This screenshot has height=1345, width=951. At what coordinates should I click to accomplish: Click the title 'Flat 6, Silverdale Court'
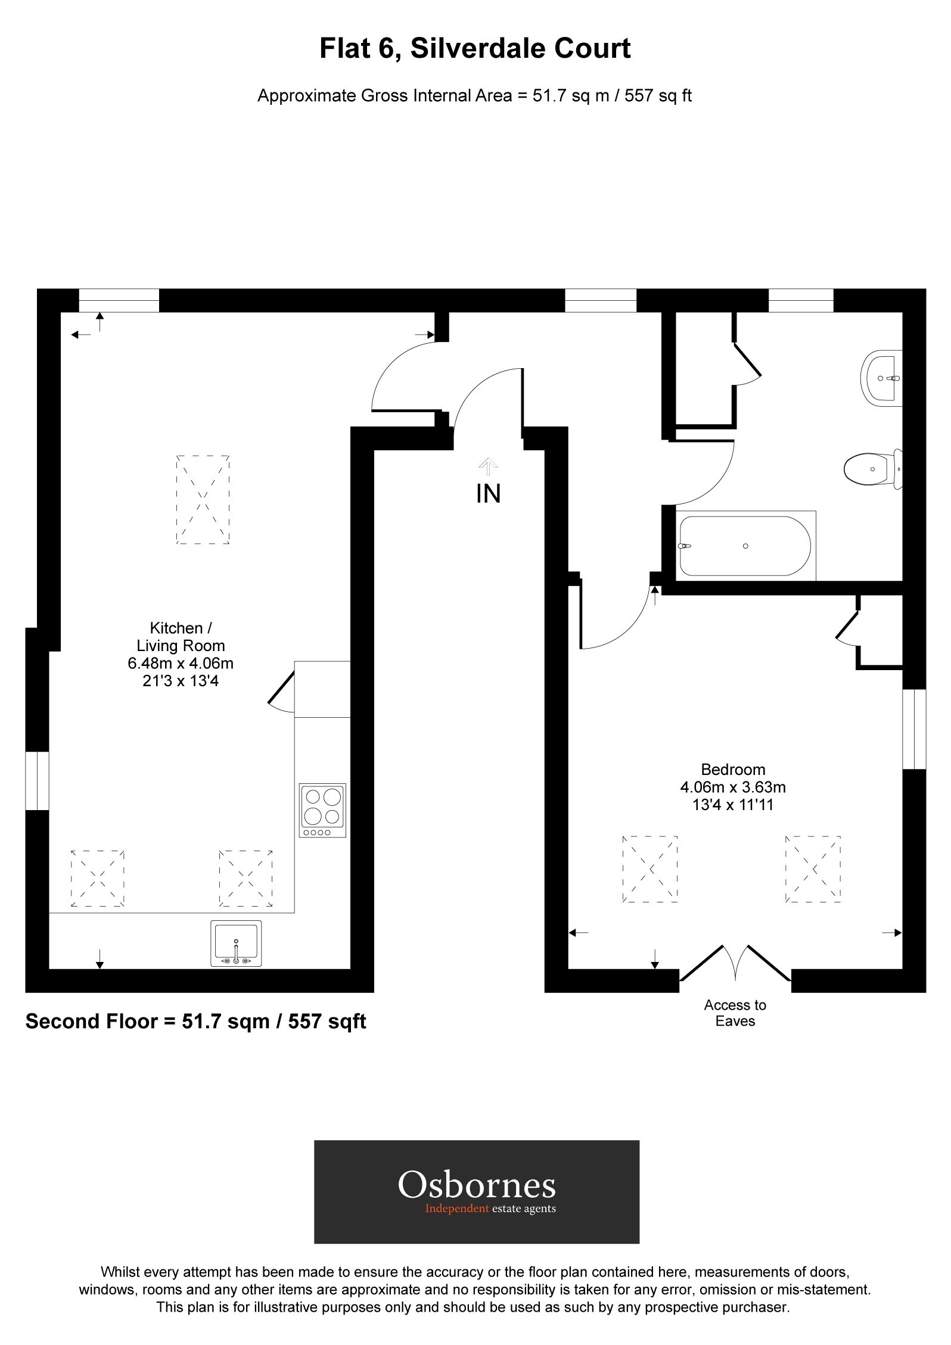point(475,48)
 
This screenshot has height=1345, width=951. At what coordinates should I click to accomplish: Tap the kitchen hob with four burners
point(322,810)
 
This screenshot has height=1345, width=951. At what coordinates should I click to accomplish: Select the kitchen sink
point(236,944)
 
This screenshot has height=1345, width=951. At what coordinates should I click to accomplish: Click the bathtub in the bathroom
point(745,546)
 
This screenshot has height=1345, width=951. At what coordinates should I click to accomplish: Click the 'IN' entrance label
point(488,494)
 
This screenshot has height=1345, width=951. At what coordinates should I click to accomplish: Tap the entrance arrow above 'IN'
point(488,465)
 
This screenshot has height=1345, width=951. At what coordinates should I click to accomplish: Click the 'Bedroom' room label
point(733,770)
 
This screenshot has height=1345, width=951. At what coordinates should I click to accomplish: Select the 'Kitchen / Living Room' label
point(181,637)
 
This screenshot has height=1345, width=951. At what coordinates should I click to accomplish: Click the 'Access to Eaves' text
point(735,1013)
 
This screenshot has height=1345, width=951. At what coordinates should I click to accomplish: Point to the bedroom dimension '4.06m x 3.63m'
point(733,787)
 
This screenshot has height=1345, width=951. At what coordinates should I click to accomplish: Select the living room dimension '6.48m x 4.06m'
point(181,663)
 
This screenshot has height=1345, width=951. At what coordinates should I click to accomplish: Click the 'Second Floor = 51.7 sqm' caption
point(195,1022)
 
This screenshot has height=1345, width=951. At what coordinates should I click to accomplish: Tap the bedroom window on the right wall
point(914,729)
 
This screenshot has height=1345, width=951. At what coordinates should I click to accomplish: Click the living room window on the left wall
point(37,781)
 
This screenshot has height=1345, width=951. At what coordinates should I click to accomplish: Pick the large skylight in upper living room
point(203,500)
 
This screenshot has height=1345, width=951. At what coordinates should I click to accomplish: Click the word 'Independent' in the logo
point(456,1208)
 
